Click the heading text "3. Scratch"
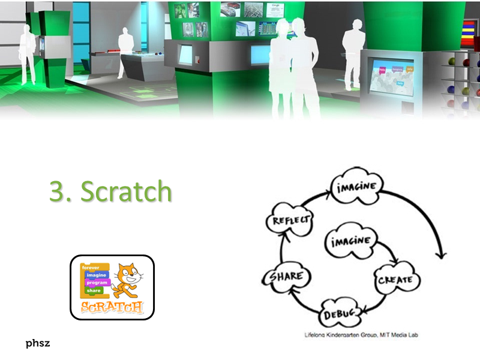pos(111,191)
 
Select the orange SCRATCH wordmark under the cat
pos(112,308)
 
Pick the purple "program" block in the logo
pos(97,282)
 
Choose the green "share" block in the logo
pos(94,290)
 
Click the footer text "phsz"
pos(37,343)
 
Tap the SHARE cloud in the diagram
pos(285,277)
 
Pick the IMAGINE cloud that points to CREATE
pos(350,242)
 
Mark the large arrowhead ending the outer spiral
pos(442,254)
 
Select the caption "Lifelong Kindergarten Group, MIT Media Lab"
pos(359,334)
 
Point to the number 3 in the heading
pos(57,191)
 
